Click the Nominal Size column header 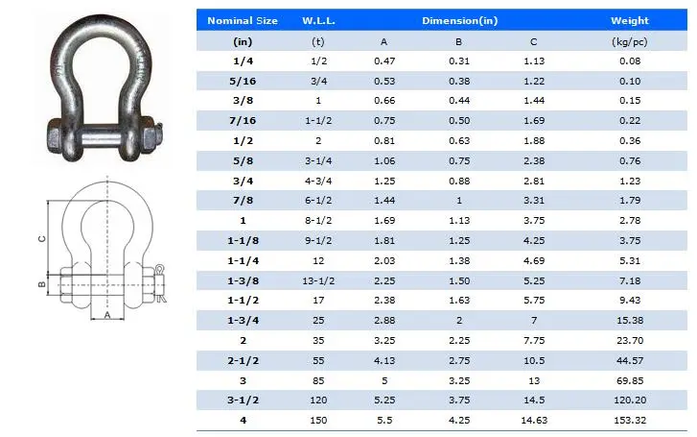click(x=242, y=20)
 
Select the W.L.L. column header click(x=318, y=20)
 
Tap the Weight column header click(x=629, y=20)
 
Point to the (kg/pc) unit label click(x=629, y=41)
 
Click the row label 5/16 click(x=242, y=81)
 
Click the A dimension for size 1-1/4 click(x=383, y=261)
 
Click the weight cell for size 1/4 click(x=629, y=61)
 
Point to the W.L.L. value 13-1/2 click(x=318, y=280)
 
